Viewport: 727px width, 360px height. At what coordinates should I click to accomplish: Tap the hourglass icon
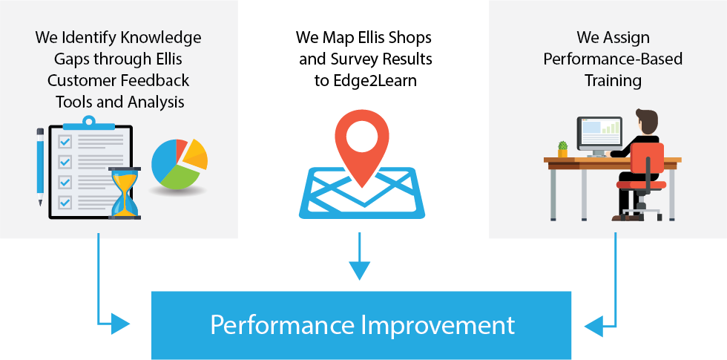(x=125, y=193)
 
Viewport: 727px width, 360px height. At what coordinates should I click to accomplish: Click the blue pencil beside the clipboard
(x=40, y=166)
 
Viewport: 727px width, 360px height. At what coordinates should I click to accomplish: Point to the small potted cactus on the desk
(x=562, y=149)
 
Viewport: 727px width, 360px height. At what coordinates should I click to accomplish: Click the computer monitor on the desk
(x=599, y=135)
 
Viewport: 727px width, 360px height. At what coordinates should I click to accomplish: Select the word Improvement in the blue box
(x=438, y=325)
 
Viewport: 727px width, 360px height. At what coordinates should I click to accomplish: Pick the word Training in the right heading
(x=613, y=81)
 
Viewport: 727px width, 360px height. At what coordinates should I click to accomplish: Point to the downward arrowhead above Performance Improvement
(x=359, y=270)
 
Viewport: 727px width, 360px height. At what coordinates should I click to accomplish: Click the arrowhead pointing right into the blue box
(x=120, y=324)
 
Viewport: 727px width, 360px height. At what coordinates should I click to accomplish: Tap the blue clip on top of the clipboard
(x=88, y=123)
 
